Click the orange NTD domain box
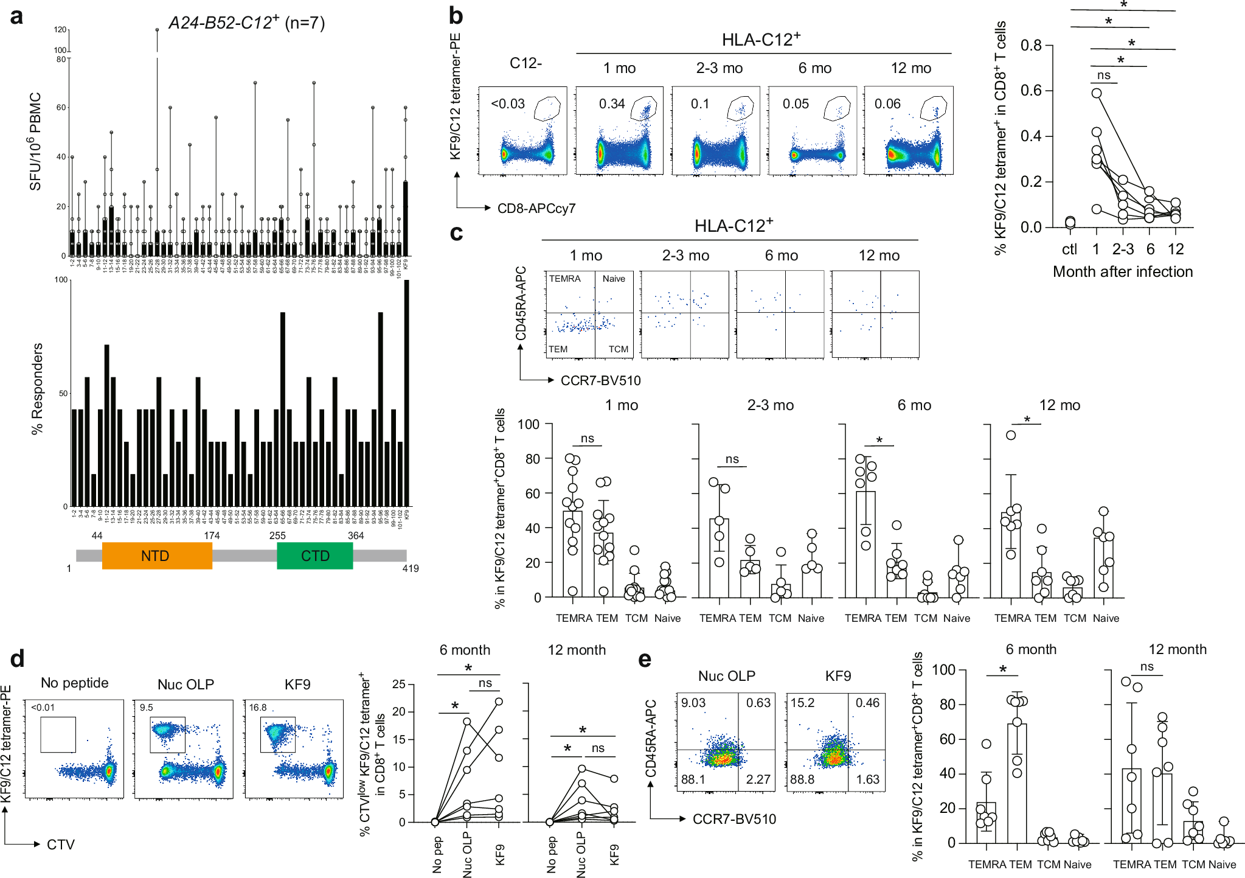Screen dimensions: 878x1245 (157, 556)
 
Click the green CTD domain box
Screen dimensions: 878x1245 (314, 556)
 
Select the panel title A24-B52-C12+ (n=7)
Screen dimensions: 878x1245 (246, 23)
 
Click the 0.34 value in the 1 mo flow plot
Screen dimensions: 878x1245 (611, 104)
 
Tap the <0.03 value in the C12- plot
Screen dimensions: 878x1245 (508, 104)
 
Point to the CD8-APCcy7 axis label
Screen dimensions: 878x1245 (536, 209)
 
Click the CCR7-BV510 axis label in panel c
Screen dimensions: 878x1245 (600, 381)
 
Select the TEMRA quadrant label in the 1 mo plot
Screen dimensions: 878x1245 (564, 279)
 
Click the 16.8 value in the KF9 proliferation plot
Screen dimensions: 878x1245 (258, 708)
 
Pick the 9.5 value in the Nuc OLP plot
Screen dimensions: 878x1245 (146, 708)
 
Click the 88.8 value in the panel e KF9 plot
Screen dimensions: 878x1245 (802, 779)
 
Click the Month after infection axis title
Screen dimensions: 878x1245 (1122, 272)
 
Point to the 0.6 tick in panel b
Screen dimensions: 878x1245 (1031, 91)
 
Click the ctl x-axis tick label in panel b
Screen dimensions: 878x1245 (1069, 249)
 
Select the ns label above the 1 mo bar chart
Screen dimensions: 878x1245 (587, 439)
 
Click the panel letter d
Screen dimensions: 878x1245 (17, 659)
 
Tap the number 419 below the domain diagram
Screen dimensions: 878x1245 (411, 568)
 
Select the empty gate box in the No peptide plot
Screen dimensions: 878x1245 (58, 734)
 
